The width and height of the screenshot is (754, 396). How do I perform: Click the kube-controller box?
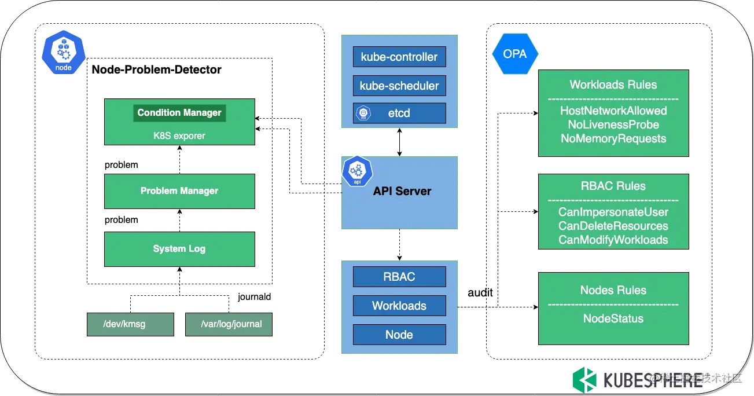tap(399, 57)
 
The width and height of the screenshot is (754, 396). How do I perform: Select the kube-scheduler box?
tap(399, 86)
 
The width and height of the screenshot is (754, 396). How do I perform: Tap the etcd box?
tap(399, 113)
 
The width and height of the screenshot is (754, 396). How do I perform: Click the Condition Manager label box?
tap(179, 112)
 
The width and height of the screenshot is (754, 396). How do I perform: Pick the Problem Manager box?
tap(179, 191)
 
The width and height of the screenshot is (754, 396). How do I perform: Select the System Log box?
tap(179, 249)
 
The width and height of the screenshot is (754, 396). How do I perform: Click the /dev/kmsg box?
tap(130, 324)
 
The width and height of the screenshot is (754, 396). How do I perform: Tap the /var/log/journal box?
tap(229, 324)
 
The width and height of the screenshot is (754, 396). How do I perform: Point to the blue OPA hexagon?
tap(515, 54)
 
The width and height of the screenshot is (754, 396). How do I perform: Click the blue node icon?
tap(64, 56)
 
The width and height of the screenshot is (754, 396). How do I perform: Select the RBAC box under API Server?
tap(399, 276)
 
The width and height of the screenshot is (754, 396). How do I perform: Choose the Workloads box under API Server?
tap(399, 306)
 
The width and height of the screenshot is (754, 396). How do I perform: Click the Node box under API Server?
tap(399, 335)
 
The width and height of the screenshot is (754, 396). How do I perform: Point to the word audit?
tap(480, 293)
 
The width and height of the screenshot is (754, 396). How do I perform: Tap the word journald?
tap(254, 297)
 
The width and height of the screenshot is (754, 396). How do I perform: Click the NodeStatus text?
tap(613, 318)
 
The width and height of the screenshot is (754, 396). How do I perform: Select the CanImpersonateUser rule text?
tap(613, 212)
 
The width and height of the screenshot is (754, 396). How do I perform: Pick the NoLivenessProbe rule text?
tap(613, 124)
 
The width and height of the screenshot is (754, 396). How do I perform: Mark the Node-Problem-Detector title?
tap(157, 69)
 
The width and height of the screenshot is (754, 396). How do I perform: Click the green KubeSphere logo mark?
tap(584, 380)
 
